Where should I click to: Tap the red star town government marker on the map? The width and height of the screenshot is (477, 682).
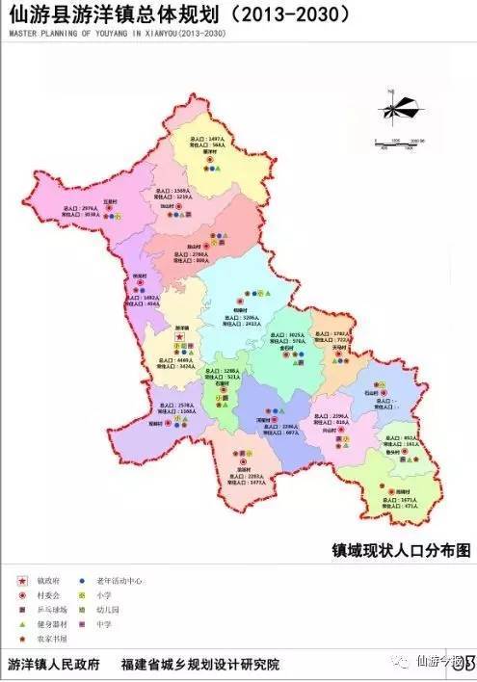[x=178, y=335]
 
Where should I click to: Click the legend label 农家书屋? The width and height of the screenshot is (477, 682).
[x=49, y=638]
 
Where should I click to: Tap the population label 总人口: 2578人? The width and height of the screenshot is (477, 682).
[x=177, y=406]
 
